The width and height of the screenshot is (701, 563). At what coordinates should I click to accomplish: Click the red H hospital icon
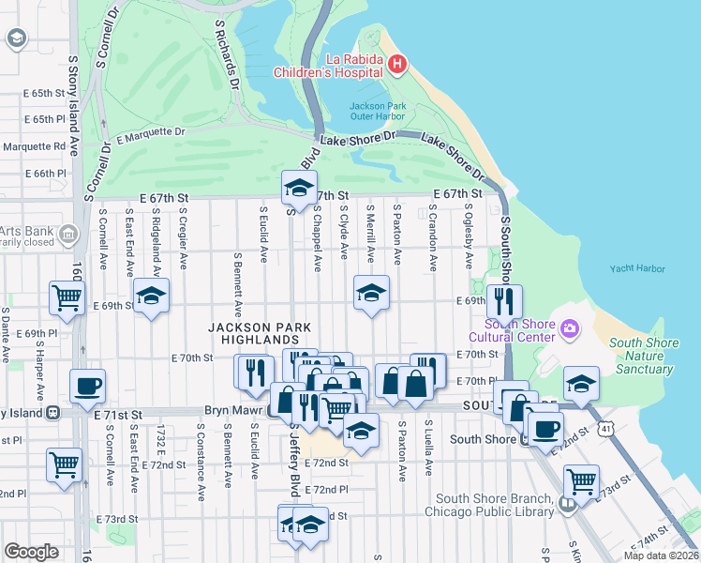tap(398, 64)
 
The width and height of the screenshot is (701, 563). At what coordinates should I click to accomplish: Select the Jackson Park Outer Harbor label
tap(378, 111)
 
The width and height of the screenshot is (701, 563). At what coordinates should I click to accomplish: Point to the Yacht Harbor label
tap(637, 268)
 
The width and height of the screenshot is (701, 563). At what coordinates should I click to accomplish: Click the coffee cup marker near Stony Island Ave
tap(87, 385)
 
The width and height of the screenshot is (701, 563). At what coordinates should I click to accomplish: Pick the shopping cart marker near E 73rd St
tap(582, 480)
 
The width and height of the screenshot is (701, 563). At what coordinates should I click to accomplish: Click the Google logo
tap(31, 552)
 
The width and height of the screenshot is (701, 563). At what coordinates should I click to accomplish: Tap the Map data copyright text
tap(660, 555)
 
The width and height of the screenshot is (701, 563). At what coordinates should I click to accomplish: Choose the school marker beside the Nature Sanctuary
tap(581, 384)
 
